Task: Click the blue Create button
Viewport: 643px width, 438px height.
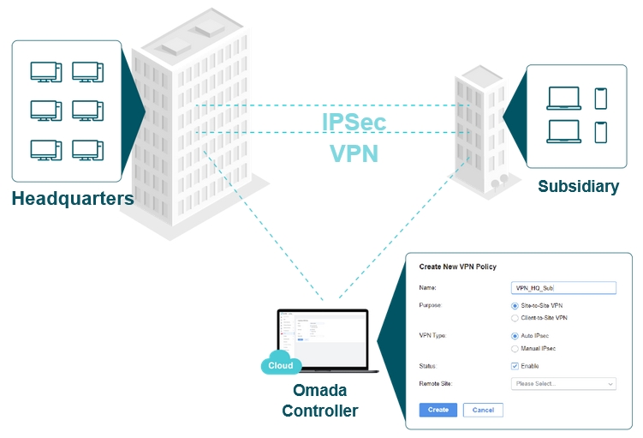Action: (438, 410)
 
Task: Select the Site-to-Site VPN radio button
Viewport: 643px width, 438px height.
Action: (515, 305)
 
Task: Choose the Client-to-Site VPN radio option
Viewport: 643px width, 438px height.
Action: (515, 318)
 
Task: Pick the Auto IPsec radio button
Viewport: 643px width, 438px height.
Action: (515, 336)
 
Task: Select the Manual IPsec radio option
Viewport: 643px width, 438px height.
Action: (515, 349)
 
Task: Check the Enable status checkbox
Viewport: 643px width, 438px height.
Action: (515, 366)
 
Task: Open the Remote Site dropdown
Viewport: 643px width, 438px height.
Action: (563, 384)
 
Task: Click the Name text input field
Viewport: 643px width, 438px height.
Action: (563, 288)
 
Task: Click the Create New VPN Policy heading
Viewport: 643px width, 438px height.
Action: (457, 267)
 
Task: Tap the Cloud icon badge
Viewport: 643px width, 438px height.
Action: (281, 364)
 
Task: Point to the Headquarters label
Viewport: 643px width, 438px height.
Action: (73, 199)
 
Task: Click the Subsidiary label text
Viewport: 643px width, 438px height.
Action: (578, 186)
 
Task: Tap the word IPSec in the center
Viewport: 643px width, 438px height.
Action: (354, 123)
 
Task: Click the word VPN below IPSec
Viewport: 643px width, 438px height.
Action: (354, 153)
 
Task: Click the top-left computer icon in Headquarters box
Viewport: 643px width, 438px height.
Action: (45, 72)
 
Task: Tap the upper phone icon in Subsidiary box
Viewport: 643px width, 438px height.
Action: (600, 98)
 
